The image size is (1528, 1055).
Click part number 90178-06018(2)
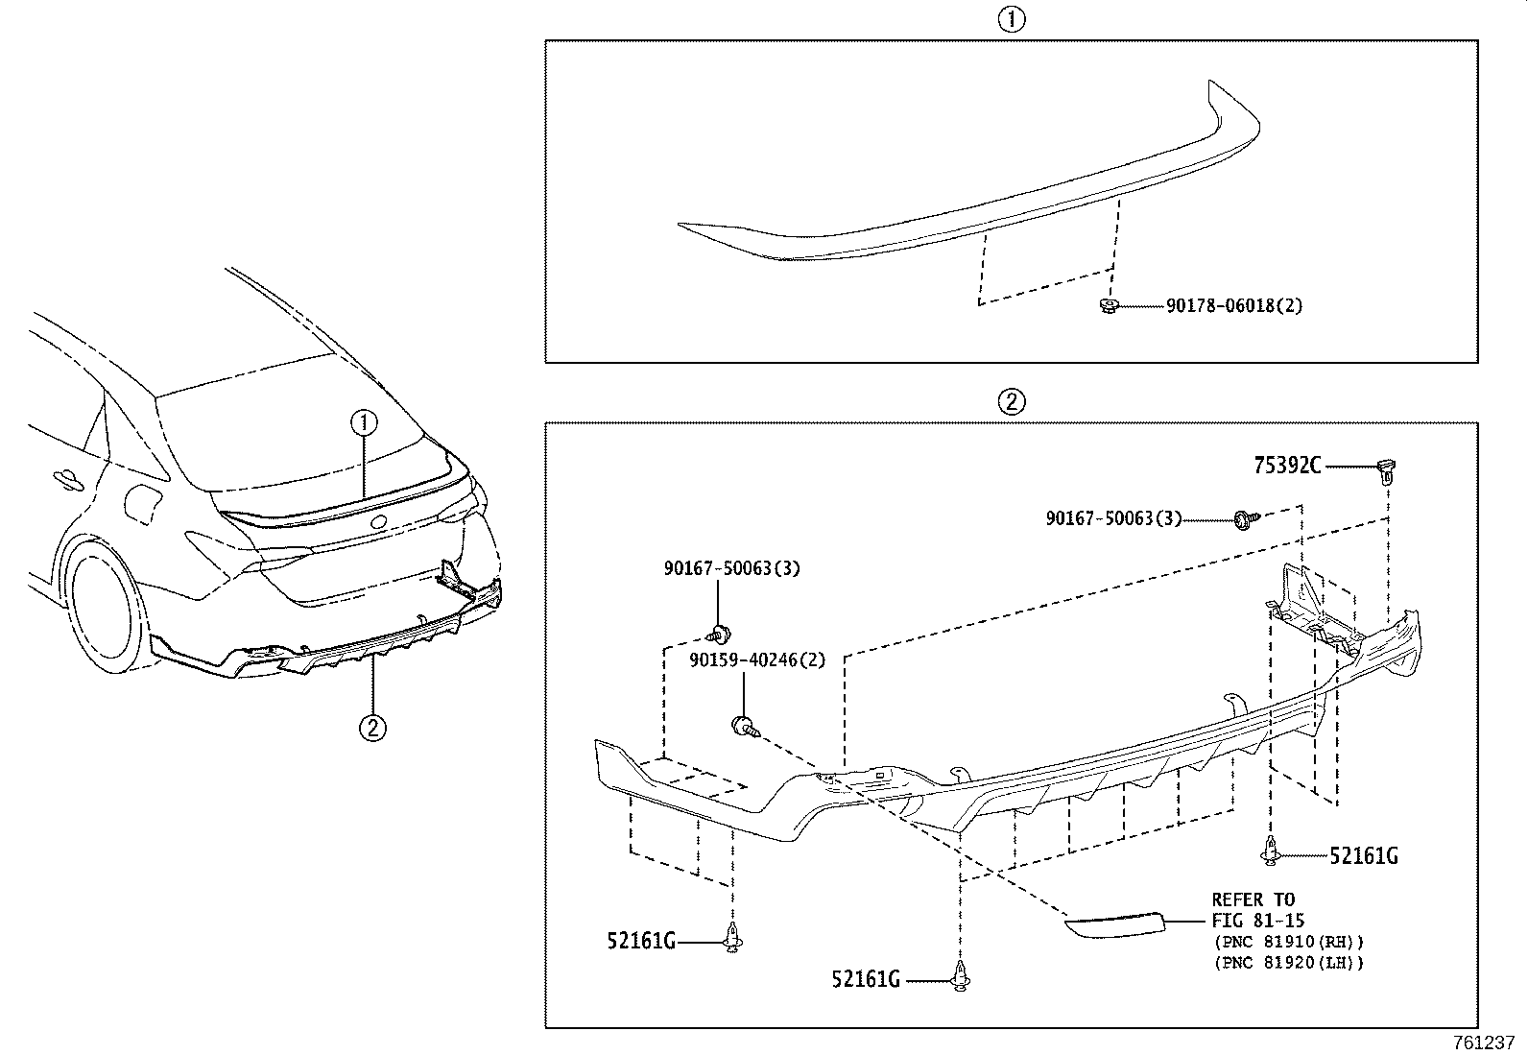tap(1233, 306)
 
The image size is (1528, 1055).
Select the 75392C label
tap(1287, 467)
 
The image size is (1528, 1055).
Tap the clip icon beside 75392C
tap(1386, 469)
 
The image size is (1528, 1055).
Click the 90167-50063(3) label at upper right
tap(1113, 518)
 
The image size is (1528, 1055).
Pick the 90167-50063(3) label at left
tap(731, 568)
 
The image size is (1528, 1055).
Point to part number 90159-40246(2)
tap(756, 660)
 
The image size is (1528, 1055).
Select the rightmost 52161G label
tap(1363, 855)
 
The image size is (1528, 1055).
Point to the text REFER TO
tap(1253, 900)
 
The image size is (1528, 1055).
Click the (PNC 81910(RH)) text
tap(1288, 942)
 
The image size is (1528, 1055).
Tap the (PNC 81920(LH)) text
tap(1288, 962)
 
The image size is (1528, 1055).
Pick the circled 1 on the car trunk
tap(364, 420)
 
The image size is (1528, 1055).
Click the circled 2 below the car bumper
tap(372, 728)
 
